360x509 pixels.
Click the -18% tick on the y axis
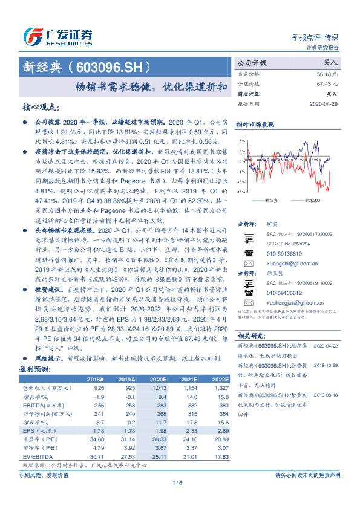pos(241,192)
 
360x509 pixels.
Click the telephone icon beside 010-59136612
pos(248,311)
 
